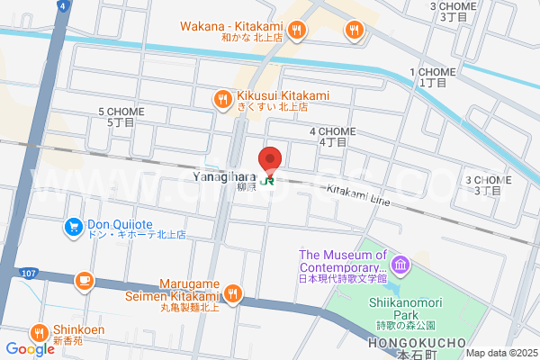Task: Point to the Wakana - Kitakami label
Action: [x=243, y=28]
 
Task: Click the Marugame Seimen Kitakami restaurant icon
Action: [x=233, y=292]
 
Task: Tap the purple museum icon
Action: [x=401, y=265]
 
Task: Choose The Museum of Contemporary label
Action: [x=343, y=262]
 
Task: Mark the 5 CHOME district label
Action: [x=121, y=116]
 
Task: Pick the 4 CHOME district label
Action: [x=333, y=136]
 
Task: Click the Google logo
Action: [x=30, y=349]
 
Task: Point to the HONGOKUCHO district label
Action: [x=416, y=343]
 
